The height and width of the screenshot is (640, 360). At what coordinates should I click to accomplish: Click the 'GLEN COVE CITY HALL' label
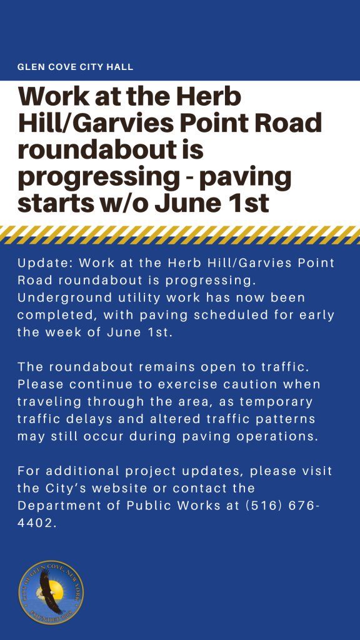click(75, 67)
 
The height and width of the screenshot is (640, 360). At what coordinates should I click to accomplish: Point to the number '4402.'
click(35, 523)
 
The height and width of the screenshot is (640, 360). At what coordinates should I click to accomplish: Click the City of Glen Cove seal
click(51, 592)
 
